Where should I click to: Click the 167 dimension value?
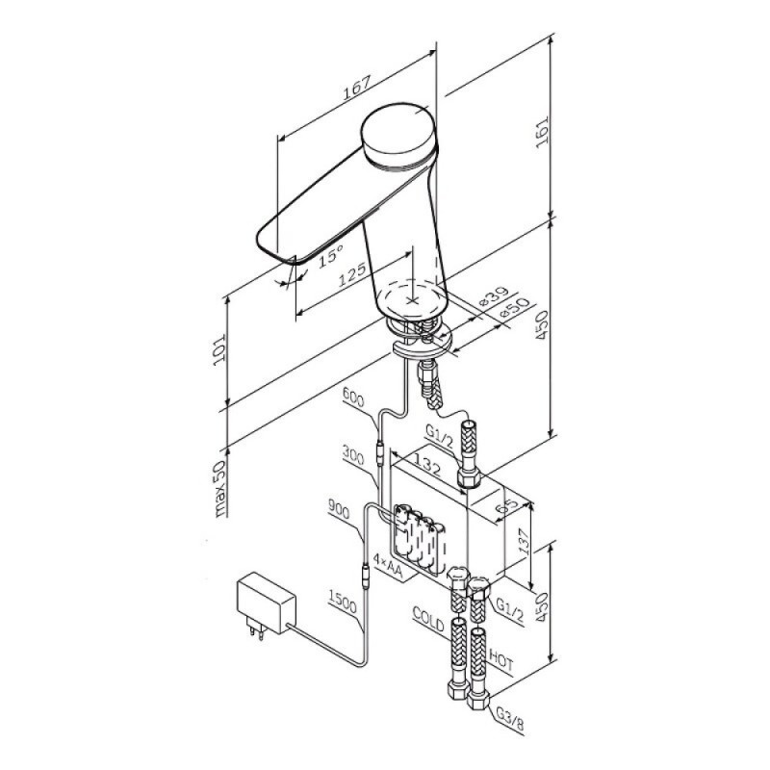[356, 89]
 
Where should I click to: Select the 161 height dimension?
[542, 132]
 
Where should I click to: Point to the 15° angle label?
[330, 256]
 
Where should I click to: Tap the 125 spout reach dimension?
[352, 274]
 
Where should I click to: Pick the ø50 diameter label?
[513, 308]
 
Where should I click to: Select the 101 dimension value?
[219, 348]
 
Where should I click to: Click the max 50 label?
[220, 488]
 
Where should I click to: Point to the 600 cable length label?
[353, 398]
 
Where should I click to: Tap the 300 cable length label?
[353, 454]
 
